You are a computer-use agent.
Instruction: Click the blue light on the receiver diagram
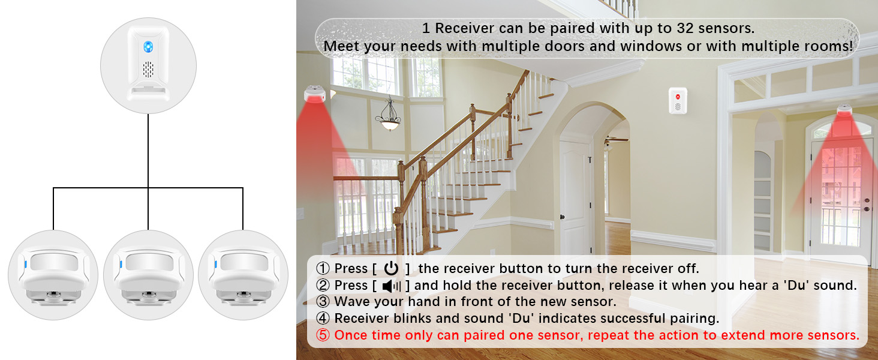(x=148, y=46)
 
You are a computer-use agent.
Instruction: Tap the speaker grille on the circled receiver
(x=148, y=70)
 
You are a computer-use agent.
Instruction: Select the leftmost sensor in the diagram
(x=53, y=274)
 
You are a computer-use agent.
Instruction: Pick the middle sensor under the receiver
(x=148, y=274)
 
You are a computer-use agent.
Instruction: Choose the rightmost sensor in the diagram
(x=243, y=274)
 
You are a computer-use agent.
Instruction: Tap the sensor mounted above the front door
(x=845, y=112)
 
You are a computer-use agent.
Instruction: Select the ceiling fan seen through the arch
(x=615, y=140)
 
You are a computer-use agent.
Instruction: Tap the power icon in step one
(x=391, y=269)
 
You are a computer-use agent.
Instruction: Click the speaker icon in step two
(x=391, y=286)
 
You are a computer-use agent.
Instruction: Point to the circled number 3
(x=323, y=302)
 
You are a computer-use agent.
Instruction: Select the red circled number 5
(x=323, y=335)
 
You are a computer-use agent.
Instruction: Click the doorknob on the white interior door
(x=563, y=217)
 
